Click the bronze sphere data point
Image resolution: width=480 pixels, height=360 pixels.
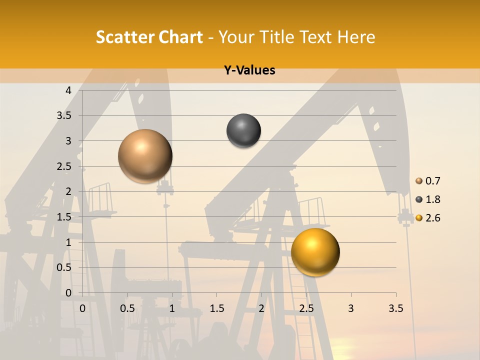[145, 156]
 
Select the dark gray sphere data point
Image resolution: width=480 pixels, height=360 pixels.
[243, 131]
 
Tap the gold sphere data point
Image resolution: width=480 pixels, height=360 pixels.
[315, 252]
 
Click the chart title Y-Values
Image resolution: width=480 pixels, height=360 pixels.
[249, 70]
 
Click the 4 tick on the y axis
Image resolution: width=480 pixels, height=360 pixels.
[68, 90]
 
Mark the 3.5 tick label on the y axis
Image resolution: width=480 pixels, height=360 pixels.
[64, 115]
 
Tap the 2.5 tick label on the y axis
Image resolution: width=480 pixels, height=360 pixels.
[64, 166]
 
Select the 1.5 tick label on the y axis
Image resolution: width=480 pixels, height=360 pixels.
[64, 217]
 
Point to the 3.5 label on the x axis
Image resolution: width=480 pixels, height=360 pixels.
[395, 308]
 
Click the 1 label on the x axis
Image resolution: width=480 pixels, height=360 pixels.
[172, 308]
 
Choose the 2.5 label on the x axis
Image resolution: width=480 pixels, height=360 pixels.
[306, 308]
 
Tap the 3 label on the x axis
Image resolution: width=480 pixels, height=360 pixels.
[351, 308]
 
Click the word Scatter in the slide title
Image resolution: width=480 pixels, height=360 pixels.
[124, 37]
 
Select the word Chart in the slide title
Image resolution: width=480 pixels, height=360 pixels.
[180, 37]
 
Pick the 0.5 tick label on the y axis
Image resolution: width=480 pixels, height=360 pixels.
[64, 267]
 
